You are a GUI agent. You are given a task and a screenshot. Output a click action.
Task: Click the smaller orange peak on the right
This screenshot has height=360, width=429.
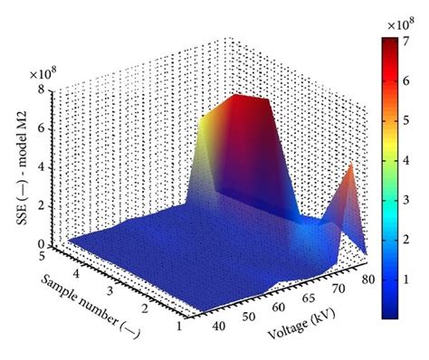(x=349, y=169)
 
